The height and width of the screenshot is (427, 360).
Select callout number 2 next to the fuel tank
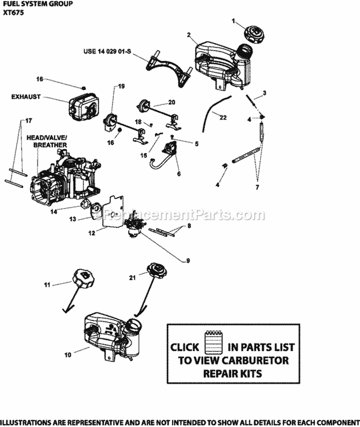(x=189, y=35)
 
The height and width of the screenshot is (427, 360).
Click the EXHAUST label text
(x=26, y=96)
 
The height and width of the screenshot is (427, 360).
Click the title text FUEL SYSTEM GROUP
(x=37, y=4)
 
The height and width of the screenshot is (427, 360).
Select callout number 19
(x=121, y=86)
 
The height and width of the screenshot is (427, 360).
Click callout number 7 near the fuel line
(x=257, y=186)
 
